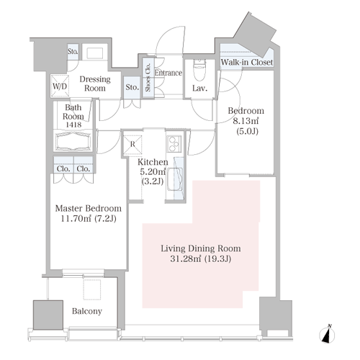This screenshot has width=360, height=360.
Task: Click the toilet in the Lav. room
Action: point(199,70)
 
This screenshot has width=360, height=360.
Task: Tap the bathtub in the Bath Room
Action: point(73,141)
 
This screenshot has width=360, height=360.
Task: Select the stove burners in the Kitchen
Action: point(174,144)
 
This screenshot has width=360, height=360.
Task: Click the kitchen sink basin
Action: point(175,179)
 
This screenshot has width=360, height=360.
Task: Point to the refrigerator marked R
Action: point(132,145)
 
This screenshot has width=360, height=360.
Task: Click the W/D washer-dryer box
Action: point(60,86)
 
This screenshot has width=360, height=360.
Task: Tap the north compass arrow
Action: point(327,334)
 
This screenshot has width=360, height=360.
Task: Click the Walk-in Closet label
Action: point(247,62)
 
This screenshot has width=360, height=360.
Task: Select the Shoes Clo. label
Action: point(148,77)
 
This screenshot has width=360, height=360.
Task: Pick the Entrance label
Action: point(168,73)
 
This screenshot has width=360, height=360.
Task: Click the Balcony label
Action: point(87,311)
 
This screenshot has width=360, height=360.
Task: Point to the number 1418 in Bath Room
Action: point(73,125)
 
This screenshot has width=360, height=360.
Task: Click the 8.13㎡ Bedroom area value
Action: point(246,121)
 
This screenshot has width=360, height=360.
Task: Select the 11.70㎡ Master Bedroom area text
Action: point(76,219)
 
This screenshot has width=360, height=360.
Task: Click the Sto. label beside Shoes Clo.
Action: point(132,87)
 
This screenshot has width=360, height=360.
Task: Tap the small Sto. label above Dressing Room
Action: point(73,51)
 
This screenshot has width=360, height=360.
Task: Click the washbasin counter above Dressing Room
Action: point(95,52)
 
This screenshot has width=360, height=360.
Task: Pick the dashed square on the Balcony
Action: point(92,289)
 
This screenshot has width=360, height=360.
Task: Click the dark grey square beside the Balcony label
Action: point(48,315)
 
